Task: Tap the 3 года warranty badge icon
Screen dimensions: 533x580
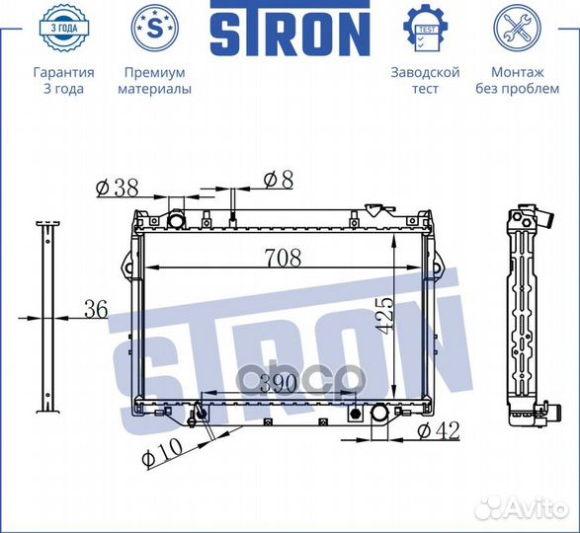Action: pos(64,30)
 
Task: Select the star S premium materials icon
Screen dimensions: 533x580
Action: pos(154,30)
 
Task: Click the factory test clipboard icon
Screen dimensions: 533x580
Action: pos(426,30)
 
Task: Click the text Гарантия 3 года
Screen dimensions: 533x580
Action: pos(64,81)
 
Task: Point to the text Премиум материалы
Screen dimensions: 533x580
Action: pos(154,81)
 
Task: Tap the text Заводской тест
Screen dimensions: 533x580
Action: pos(426,81)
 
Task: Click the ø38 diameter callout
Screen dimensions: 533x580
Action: pos(116,185)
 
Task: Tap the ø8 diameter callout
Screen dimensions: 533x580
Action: pos(278,179)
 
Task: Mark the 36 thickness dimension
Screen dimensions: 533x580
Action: pos(95,309)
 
